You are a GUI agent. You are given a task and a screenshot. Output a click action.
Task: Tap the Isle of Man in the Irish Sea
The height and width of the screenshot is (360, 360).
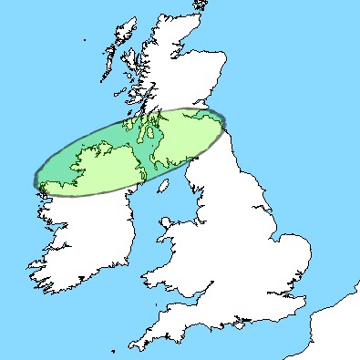point(165,222)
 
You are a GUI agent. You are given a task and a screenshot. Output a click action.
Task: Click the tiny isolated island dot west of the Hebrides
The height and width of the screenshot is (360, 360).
point(84,40)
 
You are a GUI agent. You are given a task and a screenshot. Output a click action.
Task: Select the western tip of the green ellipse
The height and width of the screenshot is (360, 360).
point(37,179)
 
